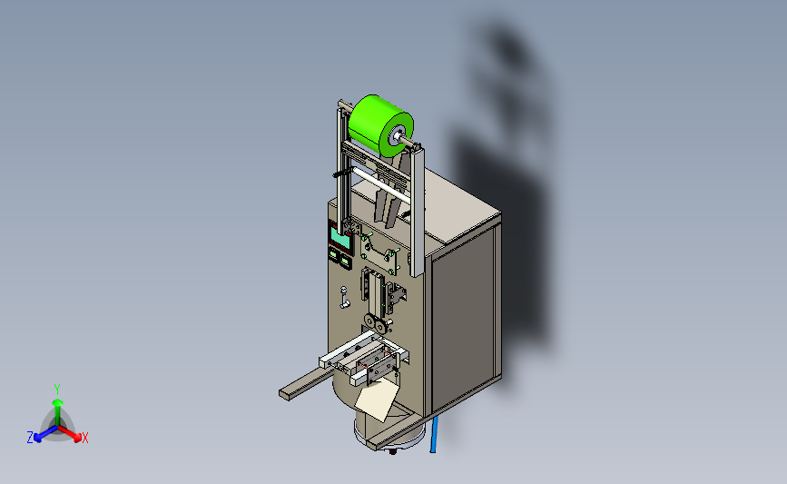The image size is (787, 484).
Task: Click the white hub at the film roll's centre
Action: click(x=398, y=134)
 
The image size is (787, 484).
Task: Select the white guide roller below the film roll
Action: click(x=380, y=184)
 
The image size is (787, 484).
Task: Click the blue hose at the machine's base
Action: click(x=434, y=434)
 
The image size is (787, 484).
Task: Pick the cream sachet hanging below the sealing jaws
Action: click(x=377, y=400)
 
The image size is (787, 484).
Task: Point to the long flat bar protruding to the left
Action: click(x=307, y=384)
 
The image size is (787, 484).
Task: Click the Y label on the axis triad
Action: click(x=57, y=390)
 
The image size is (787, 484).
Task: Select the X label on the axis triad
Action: click(x=84, y=438)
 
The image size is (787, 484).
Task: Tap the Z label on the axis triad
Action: click(x=30, y=438)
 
